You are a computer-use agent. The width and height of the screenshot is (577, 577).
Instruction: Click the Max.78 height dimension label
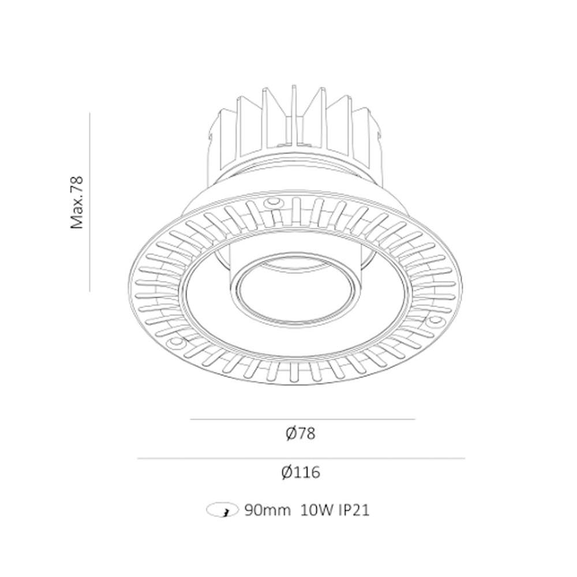[x=77, y=203]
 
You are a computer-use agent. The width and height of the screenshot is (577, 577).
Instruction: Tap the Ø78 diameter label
[x=301, y=433]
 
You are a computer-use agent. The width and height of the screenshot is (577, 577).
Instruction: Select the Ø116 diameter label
[x=301, y=472]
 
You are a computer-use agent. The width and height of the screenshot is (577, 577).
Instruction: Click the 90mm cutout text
[x=268, y=511]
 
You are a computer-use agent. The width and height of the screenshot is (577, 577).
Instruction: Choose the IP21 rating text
[x=354, y=511]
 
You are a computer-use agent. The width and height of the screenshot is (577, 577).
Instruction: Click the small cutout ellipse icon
[x=222, y=509]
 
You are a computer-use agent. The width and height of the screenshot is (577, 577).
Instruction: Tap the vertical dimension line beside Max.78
[x=90, y=203]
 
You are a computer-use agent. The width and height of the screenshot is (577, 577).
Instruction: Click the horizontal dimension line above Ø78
[x=302, y=419]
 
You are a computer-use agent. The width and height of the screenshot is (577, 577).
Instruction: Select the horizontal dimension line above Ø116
[x=301, y=459]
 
